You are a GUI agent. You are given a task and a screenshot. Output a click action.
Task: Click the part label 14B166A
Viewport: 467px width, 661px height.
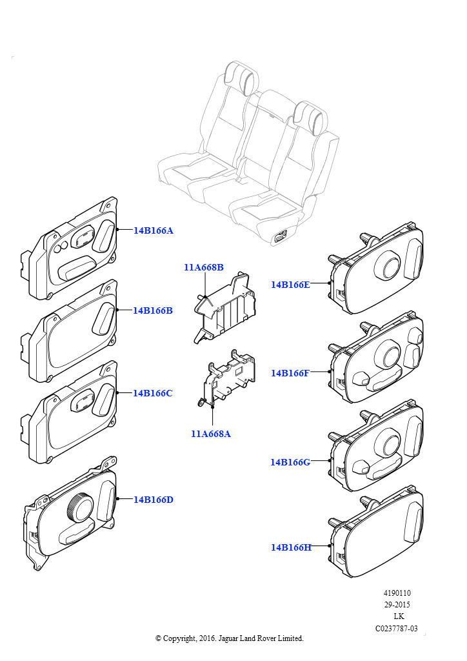point(154,230)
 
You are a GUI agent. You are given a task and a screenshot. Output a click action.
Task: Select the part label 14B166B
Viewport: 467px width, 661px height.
point(153,310)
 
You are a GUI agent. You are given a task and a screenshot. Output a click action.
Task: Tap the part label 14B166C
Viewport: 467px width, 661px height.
point(153,393)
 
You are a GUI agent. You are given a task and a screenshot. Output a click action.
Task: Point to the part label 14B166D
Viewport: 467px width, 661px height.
point(154,500)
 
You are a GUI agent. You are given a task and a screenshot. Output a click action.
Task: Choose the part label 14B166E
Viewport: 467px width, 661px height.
point(290,285)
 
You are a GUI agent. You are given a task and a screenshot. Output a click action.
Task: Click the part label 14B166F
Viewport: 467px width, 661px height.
point(290,373)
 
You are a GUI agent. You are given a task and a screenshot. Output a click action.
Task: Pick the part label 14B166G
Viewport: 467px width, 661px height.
point(290,462)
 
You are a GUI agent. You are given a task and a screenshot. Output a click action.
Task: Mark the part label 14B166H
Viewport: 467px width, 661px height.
point(291,547)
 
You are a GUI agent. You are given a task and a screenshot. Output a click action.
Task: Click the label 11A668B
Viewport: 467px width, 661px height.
point(204,267)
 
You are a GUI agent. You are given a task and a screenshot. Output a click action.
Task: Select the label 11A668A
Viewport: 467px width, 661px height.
point(211,434)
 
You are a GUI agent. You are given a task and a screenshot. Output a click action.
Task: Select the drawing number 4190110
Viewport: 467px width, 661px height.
point(397,593)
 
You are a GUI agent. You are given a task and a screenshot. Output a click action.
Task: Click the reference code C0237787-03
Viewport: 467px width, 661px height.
point(397,628)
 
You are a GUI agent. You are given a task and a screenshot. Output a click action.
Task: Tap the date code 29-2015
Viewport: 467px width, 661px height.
point(397,605)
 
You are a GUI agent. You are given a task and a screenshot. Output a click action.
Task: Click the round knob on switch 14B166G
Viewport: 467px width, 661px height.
point(390,443)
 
